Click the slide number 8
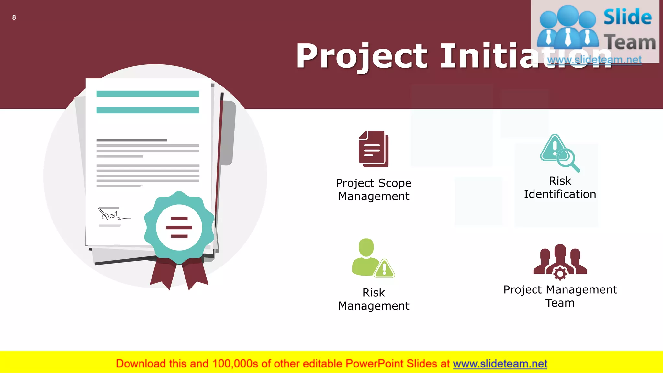[14, 17]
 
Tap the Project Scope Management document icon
[373, 149]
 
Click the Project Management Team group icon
[560, 261]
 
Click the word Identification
[560, 194]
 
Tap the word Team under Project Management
[560, 303]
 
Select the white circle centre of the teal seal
[179, 227]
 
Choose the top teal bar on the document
[148, 94]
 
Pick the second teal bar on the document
[148, 110]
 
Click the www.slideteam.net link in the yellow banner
[500, 364]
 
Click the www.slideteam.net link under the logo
[594, 60]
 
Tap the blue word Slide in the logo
[627, 17]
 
